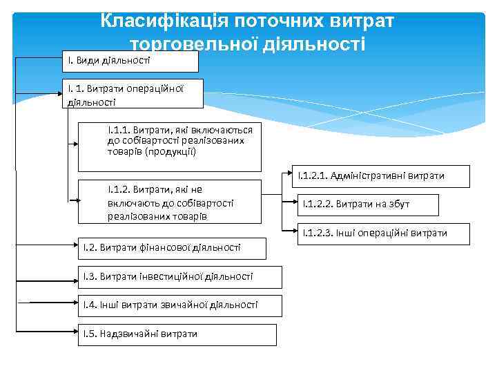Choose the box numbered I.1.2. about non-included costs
click(170, 202)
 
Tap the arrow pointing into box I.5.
click(41, 335)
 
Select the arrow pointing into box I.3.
click(41, 279)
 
